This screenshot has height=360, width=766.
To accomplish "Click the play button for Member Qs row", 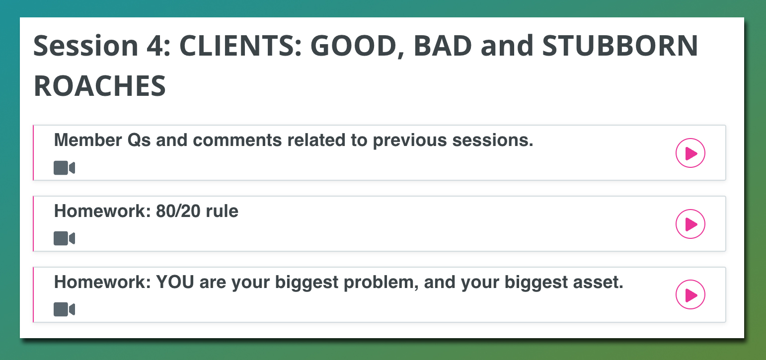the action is click(690, 153).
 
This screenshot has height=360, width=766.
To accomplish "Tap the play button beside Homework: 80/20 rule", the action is click(690, 224).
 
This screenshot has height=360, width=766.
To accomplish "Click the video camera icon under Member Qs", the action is click(64, 168).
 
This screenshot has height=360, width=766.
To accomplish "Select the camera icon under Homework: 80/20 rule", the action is click(64, 238).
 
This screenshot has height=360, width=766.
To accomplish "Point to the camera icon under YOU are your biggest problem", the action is click(64, 309).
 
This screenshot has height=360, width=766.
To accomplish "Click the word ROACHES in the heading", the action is click(100, 86).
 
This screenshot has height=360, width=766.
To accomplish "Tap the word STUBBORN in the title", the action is click(620, 46).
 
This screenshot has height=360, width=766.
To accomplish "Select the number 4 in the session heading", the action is click(154, 46).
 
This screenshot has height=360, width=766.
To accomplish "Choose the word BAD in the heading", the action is click(443, 46).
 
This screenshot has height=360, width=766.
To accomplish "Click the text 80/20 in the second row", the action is click(178, 211).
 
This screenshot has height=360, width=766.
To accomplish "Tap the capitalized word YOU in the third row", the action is click(175, 282).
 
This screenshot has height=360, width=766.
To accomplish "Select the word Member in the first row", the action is click(88, 140).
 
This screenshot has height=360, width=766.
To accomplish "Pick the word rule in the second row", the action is click(222, 211).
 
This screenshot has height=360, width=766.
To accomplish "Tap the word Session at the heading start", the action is click(85, 46).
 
